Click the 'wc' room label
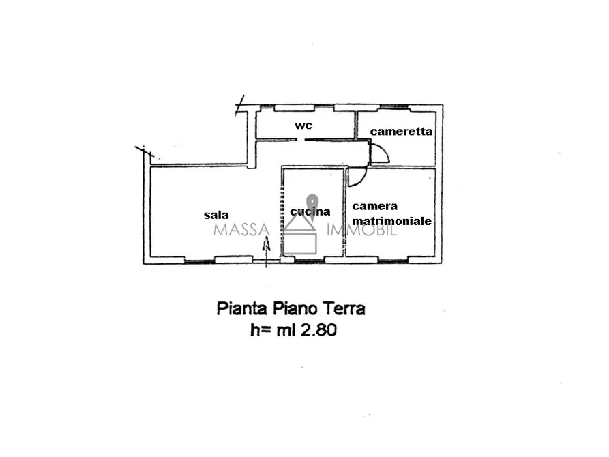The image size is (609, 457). tap(303, 126)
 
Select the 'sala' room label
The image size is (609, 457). tap(216, 215)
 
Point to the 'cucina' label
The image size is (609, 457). tap(310, 212)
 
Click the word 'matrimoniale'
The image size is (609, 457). tap(391, 221)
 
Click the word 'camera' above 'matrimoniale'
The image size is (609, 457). tap(374, 206)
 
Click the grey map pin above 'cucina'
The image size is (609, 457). tap(312, 202)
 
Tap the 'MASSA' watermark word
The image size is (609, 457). tap(241, 230)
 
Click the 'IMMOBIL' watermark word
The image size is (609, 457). tap(362, 230)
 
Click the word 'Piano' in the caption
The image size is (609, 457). tap(295, 309)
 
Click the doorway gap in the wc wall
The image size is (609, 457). tap(301, 140)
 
